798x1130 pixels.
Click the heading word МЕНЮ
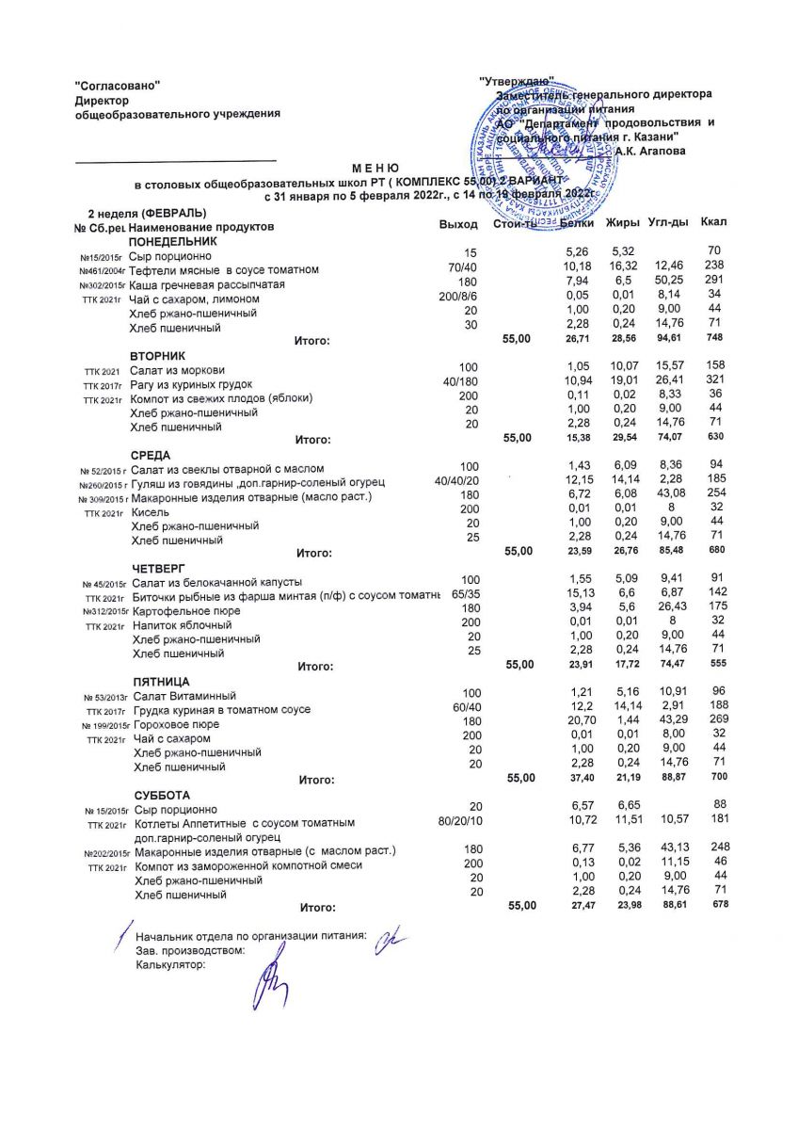tap(375, 166)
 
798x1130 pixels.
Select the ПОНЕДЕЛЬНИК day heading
tap(171, 242)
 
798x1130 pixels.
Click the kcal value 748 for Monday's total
tap(717, 339)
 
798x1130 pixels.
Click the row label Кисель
tap(152, 511)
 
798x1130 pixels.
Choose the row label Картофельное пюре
tap(186, 611)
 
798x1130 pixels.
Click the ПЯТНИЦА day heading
tap(162, 681)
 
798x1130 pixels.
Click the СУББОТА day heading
tap(162, 795)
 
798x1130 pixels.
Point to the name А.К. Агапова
tap(650, 151)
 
